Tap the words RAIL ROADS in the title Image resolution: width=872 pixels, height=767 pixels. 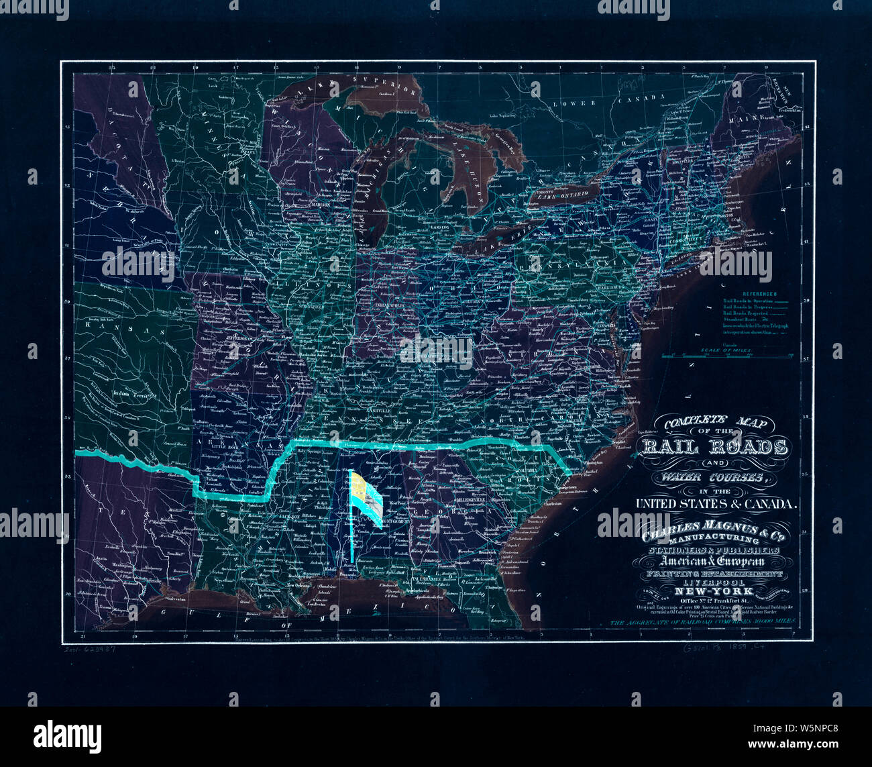714,447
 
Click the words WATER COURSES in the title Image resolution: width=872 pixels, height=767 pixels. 713,478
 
